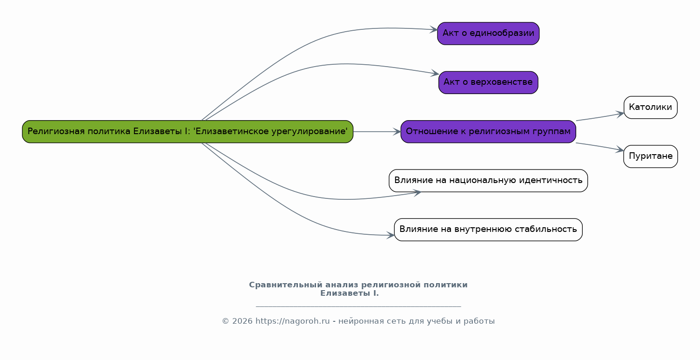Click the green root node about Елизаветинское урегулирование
188,132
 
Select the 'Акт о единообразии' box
488,34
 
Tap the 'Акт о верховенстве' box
488,82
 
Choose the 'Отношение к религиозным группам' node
488,132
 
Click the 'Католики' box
650,107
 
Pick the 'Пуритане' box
650,156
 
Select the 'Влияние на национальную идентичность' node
488,181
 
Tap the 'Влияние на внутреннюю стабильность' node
488,230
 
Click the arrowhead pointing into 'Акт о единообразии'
434,30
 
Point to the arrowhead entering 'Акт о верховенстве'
435,74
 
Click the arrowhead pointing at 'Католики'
620,114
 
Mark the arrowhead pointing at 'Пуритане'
619,150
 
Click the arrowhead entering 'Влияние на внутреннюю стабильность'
390,235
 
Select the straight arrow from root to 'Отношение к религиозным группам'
377,132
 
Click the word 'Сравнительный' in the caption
286,285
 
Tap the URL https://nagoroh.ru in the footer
292,321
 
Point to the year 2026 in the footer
242,321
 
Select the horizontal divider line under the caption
358,306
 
